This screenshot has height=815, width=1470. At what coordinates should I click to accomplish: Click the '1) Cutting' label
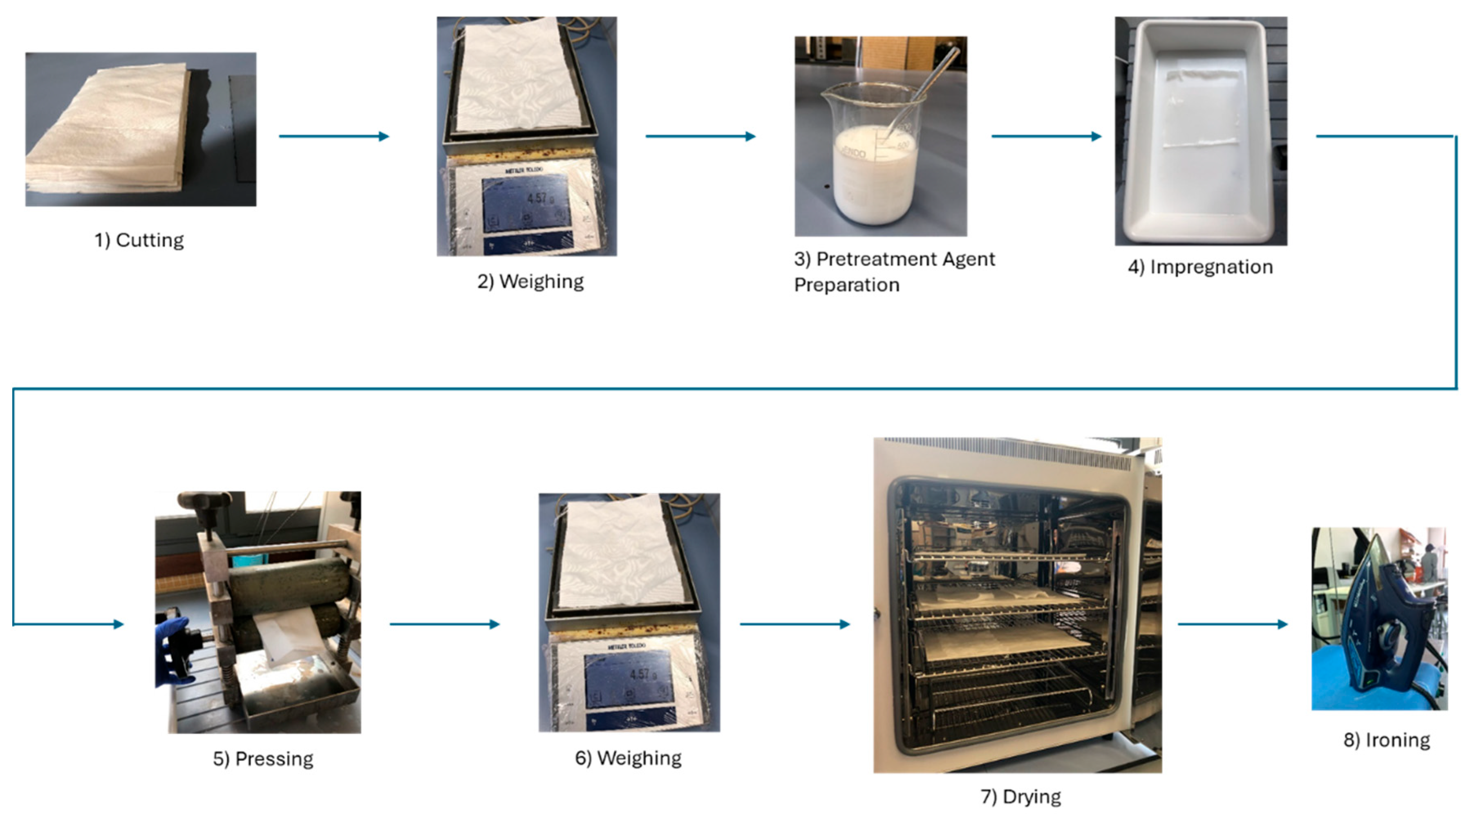tap(139, 240)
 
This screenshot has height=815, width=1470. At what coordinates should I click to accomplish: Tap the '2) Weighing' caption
tap(530, 282)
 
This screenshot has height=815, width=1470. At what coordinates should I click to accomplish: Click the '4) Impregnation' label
tap(1200, 267)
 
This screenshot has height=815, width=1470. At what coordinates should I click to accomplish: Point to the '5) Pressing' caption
tap(263, 759)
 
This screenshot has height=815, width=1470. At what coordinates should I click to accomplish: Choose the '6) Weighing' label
tap(628, 759)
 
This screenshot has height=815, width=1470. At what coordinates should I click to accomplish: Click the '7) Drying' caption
tap(1020, 797)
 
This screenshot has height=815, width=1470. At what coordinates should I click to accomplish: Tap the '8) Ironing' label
tap(1387, 740)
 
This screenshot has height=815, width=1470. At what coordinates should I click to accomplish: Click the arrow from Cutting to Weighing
tap(334, 137)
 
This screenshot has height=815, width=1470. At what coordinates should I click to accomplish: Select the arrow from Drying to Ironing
tap(1233, 624)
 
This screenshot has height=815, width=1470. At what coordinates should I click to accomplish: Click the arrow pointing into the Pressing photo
tap(69, 624)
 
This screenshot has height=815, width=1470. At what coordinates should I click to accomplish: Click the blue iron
tap(1381, 622)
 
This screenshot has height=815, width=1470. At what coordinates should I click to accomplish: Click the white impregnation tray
tap(1201, 131)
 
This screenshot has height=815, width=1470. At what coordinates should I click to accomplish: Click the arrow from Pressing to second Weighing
tap(445, 624)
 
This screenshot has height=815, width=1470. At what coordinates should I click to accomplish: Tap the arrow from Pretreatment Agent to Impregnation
tap(1046, 137)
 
